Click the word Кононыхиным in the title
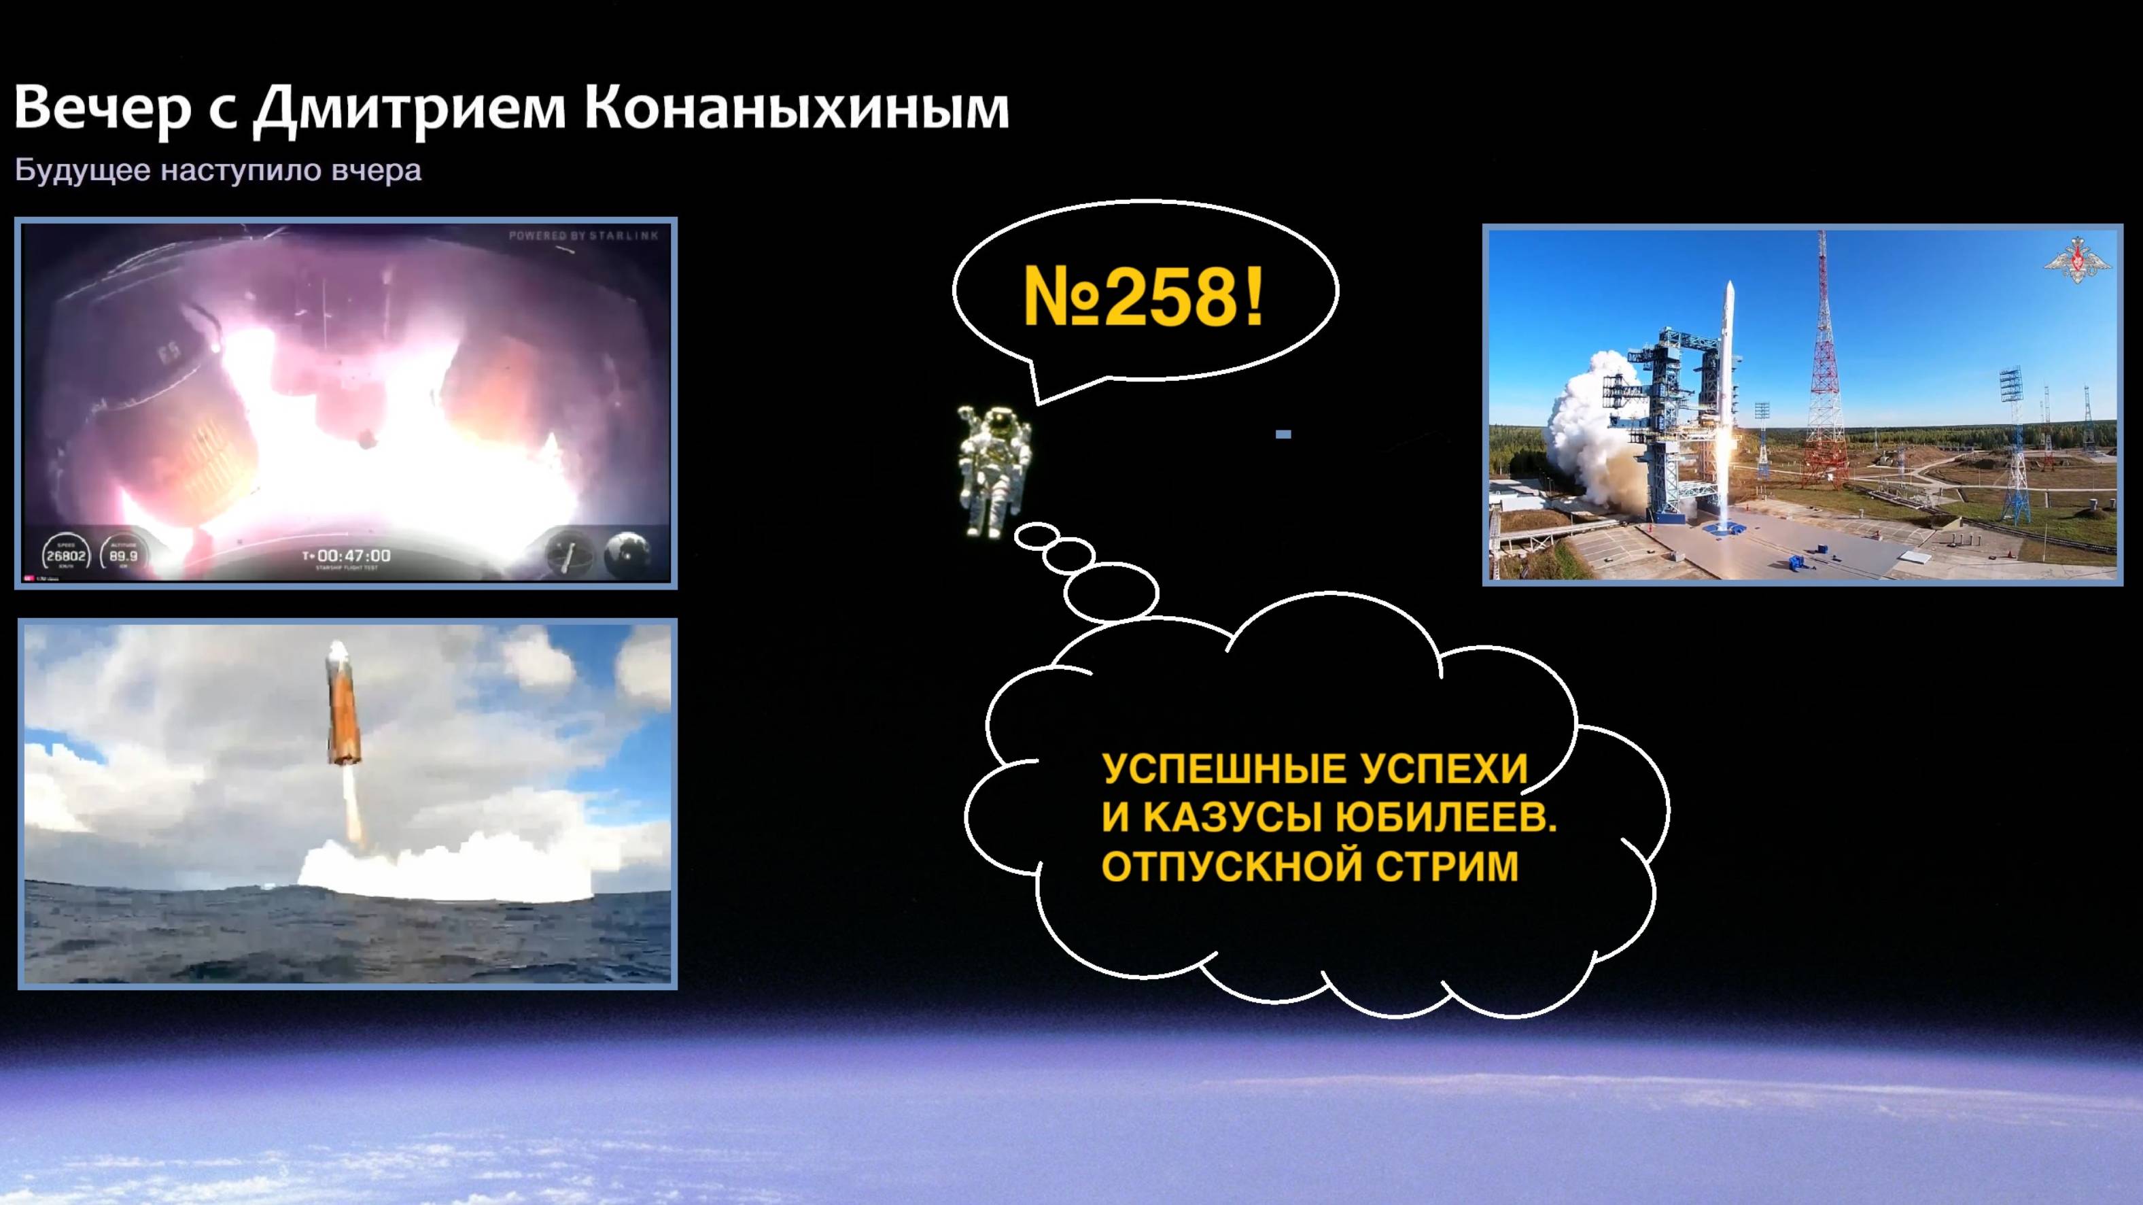pyautogui.click(x=797, y=108)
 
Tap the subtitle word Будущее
pyautogui.click(x=82, y=171)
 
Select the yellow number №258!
pyautogui.click(x=1143, y=297)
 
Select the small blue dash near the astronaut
pyautogui.click(x=1283, y=434)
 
